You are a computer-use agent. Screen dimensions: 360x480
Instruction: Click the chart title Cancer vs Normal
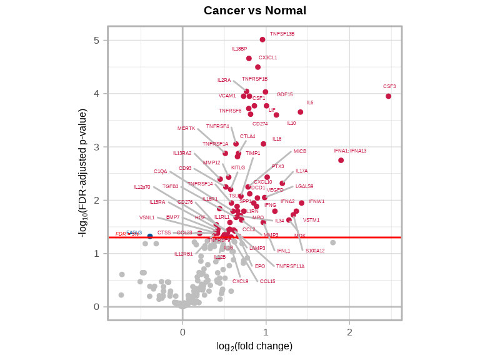(x=255, y=11)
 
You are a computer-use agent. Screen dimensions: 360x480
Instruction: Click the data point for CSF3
(x=388, y=96)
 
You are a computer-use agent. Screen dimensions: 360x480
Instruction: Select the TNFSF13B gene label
(x=282, y=34)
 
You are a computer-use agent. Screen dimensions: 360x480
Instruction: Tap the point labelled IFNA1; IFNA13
(x=341, y=161)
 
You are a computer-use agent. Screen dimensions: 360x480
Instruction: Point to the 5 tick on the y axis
(x=96, y=40)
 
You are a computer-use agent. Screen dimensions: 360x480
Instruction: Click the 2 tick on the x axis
(x=349, y=332)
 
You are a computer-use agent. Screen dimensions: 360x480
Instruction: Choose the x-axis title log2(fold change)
(x=254, y=346)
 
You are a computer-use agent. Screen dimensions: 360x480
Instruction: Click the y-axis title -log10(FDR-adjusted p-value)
(x=82, y=172)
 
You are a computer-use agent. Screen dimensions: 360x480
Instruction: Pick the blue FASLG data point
(x=150, y=236)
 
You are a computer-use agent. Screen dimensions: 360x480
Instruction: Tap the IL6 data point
(x=301, y=112)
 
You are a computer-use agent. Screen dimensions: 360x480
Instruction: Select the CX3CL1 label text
(x=268, y=57)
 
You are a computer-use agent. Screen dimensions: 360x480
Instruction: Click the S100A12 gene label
(x=315, y=251)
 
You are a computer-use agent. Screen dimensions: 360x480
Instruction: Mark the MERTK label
(x=186, y=128)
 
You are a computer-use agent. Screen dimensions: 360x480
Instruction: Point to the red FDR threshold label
(x=121, y=234)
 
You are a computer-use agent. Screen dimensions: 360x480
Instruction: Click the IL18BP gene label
(x=239, y=49)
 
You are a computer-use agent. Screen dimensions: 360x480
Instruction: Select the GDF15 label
(x=284, y=94)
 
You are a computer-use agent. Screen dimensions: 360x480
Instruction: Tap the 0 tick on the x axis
(x=182, y=332)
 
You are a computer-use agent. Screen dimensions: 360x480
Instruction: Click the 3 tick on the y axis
(x=96, y=147)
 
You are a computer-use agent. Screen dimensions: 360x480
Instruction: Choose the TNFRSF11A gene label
(x=290, y=266)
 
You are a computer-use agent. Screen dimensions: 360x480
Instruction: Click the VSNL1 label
(x=147, y=217)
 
